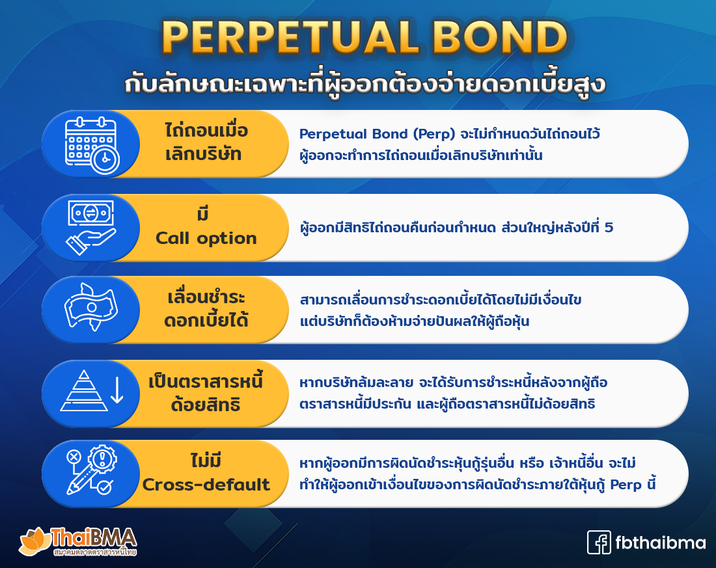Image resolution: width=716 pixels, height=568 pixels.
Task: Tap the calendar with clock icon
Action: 92,145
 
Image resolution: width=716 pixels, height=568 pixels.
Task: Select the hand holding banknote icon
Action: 91,227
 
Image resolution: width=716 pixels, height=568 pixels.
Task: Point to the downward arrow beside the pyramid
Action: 117,390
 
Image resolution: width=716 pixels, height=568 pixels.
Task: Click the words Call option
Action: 206,238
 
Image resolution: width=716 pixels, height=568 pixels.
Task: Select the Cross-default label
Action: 206,485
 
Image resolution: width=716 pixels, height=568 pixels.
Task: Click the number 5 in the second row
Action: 609,227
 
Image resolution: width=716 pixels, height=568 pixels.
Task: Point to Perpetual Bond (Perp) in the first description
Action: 377,134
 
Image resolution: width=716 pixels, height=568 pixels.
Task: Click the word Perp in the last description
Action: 626,485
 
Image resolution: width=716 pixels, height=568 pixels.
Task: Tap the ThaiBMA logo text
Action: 94,537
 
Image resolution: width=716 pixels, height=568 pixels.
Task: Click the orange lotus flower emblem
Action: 34,541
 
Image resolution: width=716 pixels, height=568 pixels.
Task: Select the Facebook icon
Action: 599,543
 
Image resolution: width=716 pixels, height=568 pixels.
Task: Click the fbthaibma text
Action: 660,543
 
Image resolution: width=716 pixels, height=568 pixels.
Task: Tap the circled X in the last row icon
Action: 74,457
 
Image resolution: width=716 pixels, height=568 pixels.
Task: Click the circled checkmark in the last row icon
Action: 105,487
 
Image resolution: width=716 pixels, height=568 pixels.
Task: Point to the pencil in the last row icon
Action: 81,480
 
